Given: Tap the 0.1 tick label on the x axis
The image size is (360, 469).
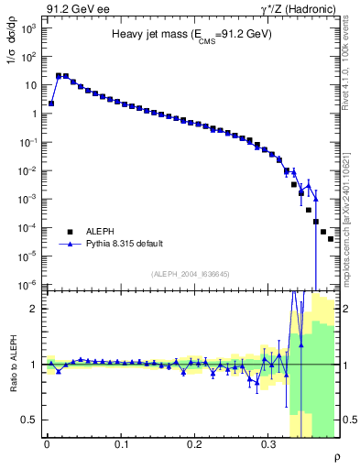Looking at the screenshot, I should (121, 445).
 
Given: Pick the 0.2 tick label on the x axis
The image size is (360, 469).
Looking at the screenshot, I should (194, 445).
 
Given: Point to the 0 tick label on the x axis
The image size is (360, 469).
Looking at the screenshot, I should (47, 445).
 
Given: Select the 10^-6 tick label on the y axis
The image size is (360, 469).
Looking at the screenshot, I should (27, 285).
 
